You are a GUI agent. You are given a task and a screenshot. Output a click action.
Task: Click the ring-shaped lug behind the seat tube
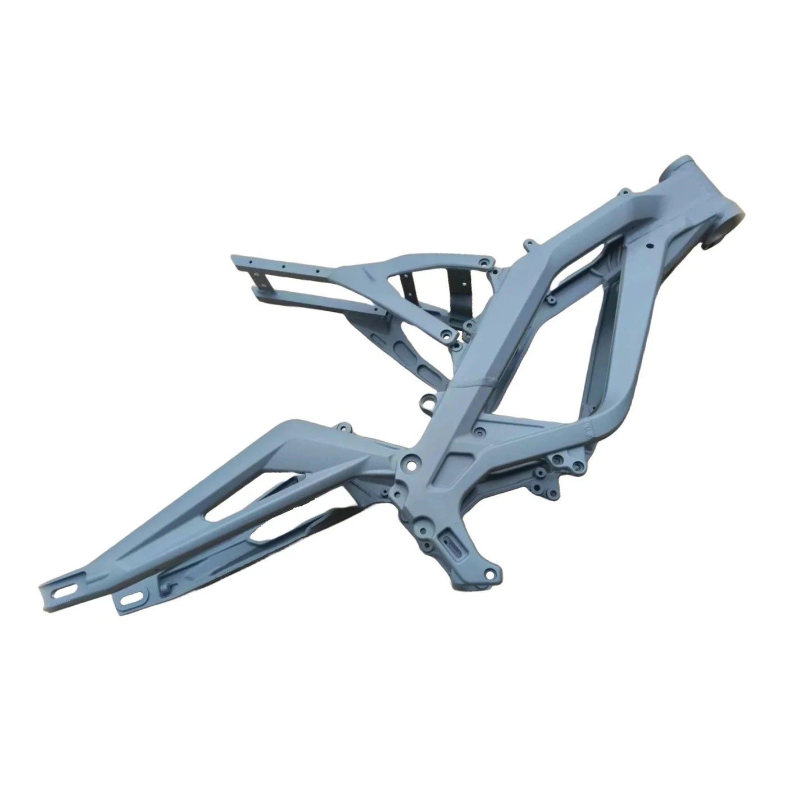pos(428,403)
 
